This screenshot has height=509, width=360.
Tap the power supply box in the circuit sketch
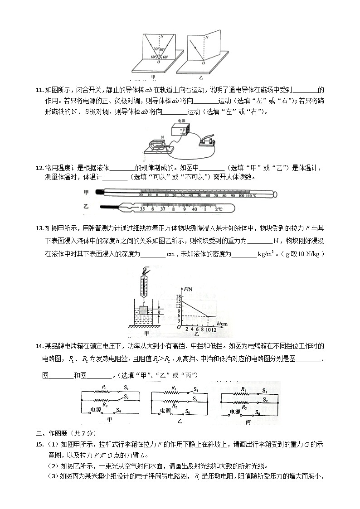pos(180,130)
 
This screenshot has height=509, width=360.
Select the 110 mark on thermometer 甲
pos(249,195)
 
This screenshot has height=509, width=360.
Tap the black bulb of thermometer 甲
pos(99,192)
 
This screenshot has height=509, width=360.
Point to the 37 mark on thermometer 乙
pos(164,209)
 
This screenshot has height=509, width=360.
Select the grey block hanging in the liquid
pos(144,311)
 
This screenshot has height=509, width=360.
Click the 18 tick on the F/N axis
pos(179,296)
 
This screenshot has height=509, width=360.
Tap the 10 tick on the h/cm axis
pos(208,330)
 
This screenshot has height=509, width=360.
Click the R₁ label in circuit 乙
pos(174,388)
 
